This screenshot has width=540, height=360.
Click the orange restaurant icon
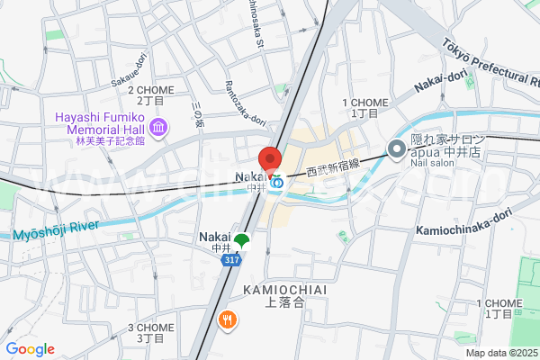coord(228,318)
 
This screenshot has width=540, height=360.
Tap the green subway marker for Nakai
coord(241,239)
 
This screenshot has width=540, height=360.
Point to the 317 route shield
coord(231,259)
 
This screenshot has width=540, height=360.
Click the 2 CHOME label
coord(151,90)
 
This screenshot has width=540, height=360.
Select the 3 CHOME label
coord(150,328)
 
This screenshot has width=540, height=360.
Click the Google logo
coord(30,349)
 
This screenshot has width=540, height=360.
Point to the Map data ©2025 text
coord(500,353)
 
